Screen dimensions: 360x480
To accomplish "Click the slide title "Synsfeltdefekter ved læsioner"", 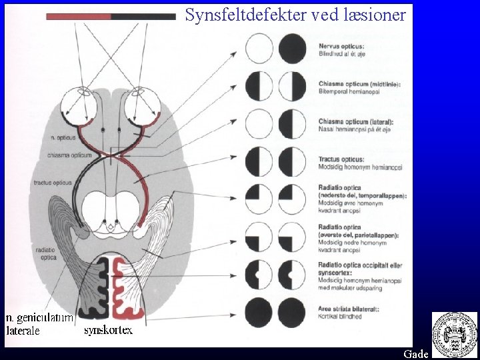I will [x=295, y=15].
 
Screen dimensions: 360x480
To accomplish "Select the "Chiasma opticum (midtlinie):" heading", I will [x=355, y=83].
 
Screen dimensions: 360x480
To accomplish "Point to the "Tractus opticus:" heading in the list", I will [x=341, y=160].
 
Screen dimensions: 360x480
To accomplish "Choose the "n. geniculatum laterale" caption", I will [x=39, y=324].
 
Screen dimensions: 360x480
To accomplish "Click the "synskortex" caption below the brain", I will [x=109, y=329].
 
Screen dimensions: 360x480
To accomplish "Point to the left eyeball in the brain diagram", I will [x=79, y=107].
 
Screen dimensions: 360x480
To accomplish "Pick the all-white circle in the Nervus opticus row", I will [x=259, y=49].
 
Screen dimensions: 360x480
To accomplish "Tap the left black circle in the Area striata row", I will [x=259, y=312].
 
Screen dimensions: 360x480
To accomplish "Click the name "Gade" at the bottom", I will [x=415, y=354].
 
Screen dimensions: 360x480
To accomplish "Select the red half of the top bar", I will [x=79, y=16].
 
